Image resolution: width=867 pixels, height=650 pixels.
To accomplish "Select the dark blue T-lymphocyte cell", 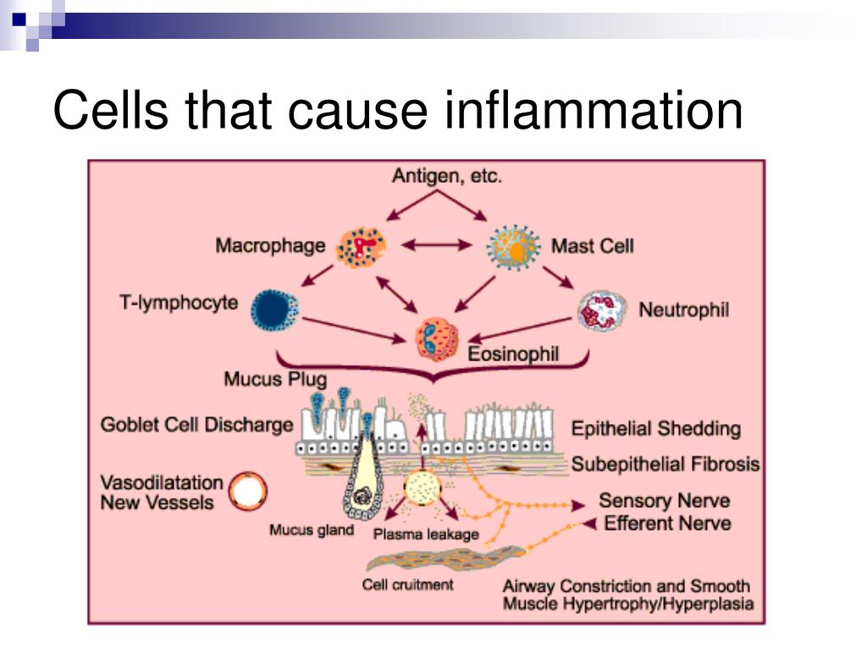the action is pyautogui.click(x=275, y=311).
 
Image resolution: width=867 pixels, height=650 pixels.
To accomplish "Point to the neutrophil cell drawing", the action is pyautogui.click(x=603, y=311).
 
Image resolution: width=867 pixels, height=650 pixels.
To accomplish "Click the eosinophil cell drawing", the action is pyautogui.click(x=437, y=339).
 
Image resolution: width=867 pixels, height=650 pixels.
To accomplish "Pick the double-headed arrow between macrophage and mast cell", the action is pyautogui.click(x=437, y=245).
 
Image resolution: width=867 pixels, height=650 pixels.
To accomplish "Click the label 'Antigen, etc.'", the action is pyautogui.click(x=447, y=176).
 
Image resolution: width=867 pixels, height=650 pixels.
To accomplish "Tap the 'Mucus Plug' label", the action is pyautogui.click(x=275, y=379).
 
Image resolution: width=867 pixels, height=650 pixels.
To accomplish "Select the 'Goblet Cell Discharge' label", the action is pyautogui.click(x=196, y=425).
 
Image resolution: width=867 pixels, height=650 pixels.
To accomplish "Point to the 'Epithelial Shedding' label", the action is pyautogui.click(x=656, y=429).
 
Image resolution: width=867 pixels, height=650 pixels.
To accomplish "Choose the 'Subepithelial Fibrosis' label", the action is pyautogui.click(x=665, y=465).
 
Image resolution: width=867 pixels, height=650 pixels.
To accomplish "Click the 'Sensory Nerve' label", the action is pyautogui.click(x=665, y=501).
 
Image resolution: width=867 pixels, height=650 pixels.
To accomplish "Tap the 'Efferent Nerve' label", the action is pyautogui.click(x=667, y=523).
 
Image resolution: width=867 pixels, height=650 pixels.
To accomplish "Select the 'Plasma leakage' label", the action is pyautogui.click(x=426, y=535).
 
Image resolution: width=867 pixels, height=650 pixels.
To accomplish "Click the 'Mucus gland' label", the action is pyautogui.click(x=312, y=530).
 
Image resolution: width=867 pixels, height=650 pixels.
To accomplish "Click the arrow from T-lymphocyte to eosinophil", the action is pyautogui.click(x=354, y=330).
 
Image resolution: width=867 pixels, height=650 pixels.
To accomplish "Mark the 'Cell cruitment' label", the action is pyautogui.click(x=407, y=585).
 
